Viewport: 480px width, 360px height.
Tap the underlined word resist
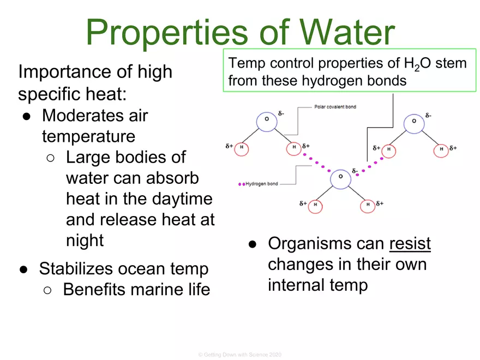410,244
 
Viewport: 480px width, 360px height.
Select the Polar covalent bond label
335,106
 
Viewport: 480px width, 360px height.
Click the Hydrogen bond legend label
261,184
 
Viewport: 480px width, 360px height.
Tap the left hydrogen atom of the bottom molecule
315,205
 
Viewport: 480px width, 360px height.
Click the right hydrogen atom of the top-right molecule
440,148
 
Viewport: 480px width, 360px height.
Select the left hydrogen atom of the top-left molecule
241,148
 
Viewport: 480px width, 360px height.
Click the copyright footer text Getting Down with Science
240,355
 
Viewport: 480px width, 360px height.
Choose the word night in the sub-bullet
85,240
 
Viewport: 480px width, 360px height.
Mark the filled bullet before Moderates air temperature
26,116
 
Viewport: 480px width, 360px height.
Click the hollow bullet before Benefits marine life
48,290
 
